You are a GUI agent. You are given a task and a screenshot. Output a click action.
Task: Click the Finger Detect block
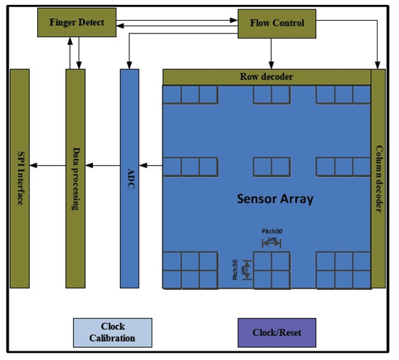click(x=77, y=22)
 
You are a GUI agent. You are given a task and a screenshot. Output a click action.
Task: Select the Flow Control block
click(x=277, y=24)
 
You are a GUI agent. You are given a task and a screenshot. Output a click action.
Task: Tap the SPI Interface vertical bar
click(x=20, y=179)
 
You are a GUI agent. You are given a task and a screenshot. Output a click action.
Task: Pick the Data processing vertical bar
click(x=76, y=179)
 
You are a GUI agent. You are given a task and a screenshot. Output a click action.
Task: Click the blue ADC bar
click(x=129, y=179)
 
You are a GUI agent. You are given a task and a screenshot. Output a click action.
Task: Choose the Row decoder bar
click(x=267, y=77)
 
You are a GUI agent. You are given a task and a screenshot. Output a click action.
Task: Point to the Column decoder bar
click(x=378, y=179)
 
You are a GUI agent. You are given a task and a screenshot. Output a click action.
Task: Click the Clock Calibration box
click(x=113, y=333)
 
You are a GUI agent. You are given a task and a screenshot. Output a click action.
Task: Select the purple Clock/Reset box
click(x=277, y=333)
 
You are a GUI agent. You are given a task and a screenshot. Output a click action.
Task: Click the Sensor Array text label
click(x=275, y=199)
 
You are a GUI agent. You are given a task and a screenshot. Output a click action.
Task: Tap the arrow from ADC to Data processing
click(x=103, y=166)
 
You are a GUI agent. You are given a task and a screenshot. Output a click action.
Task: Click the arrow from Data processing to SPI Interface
click(x=48, y=166)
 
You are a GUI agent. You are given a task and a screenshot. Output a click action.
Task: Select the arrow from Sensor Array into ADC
click(x=151, y=166)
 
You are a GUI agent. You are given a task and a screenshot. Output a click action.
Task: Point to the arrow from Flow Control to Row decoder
click(x=271, y=54)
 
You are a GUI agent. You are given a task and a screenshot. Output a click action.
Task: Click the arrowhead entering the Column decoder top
click(x=378, y=65)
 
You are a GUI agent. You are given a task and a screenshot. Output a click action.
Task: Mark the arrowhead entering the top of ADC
click(x=129, y=65)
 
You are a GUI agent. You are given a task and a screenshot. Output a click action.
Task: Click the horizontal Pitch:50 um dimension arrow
click(x=271, y=244)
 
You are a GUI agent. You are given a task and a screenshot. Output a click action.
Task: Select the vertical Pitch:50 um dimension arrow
click(x=247, y=270)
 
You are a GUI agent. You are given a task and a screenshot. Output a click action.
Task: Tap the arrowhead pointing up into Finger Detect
click(x=70, y=41)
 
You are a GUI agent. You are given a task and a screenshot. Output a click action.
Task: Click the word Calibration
click(x=112, y=339)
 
